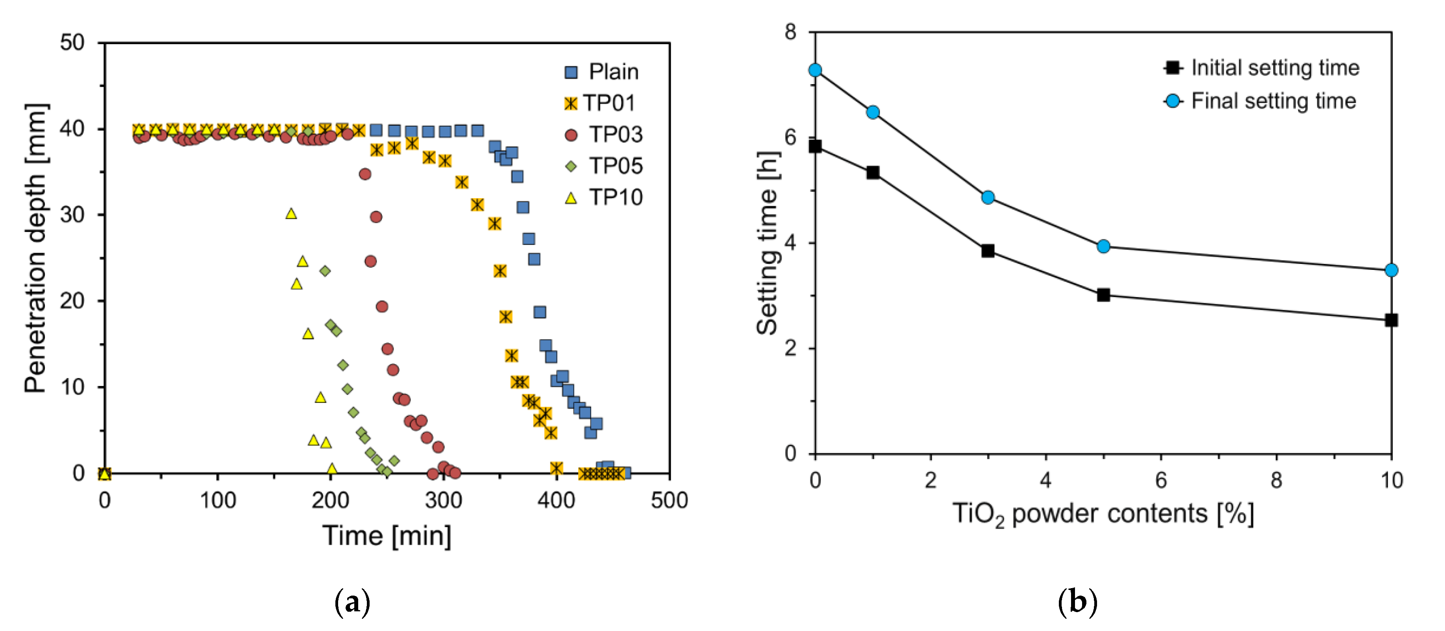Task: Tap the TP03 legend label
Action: coord(615,135)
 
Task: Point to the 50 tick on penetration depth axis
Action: coord(72,42)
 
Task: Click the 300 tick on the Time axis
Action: coord(443,500)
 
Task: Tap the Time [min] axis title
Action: coord(387,536)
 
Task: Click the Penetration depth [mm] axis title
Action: coord(36,248)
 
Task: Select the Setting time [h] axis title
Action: coord(768,243)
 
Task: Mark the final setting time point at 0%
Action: coord(815,70)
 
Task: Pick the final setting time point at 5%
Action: coord(1103,247)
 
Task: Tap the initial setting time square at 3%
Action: coord(988,251)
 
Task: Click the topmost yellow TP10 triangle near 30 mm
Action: coord(290,214)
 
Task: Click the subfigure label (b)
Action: coord(1077,602)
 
